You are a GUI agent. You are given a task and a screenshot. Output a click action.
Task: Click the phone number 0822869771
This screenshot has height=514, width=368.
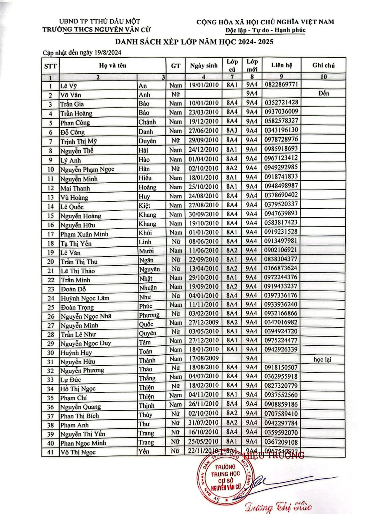[281, 84]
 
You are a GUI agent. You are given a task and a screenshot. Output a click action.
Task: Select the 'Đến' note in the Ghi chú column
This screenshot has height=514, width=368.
[323, 93]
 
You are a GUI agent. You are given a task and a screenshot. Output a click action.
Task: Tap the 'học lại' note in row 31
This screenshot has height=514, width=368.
[322, 359]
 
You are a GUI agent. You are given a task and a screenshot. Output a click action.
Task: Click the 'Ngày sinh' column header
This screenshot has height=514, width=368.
[204, 66]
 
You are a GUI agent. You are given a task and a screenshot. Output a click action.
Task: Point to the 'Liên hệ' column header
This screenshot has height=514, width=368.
[282, 65]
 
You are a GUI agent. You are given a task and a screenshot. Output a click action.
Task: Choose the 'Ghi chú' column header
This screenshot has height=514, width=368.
[323, 65]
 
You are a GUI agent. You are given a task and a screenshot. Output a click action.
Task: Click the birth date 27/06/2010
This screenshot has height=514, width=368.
[204, 131]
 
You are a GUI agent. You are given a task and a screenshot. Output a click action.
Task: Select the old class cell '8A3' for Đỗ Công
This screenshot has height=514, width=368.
[232, 130]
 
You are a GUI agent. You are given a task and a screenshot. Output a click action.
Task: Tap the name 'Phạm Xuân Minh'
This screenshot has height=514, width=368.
[84, 234]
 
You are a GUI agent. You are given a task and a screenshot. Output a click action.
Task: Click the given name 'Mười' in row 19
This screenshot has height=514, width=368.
[146, 251]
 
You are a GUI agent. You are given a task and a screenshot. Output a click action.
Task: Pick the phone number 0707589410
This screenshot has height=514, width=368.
[281, 414]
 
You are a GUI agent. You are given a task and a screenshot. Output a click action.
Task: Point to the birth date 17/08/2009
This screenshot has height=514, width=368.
[204, 358]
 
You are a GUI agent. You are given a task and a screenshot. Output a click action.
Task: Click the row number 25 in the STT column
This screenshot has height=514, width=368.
[51, 307]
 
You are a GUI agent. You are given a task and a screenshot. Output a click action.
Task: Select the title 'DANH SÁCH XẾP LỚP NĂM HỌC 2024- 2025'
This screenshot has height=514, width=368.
[194, 42]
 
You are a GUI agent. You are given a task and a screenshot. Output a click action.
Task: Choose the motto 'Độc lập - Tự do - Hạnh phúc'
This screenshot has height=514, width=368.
[265, 30]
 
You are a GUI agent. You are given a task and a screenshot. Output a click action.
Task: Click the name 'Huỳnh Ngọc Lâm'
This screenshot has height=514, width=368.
[85, 298]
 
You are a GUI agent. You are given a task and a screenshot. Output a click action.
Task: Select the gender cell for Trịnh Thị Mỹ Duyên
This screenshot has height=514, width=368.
[175, 140]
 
